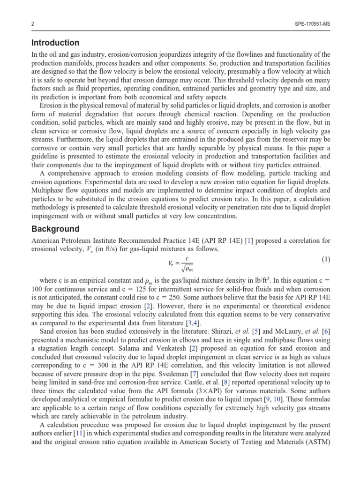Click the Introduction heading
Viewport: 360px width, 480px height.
coord(55,43)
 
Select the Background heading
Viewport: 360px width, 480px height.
coord(55,229)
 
